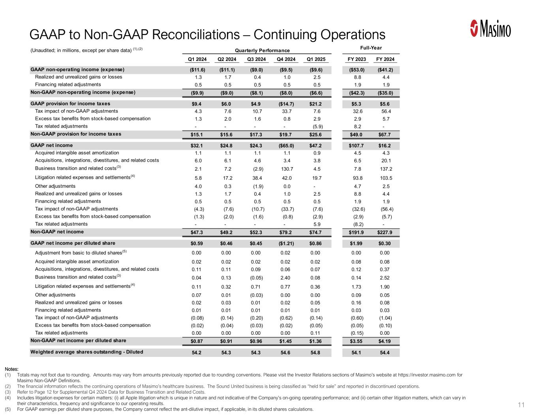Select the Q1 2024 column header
click(197, 59)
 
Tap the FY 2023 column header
click(356, 59)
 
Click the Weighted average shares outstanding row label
click(87, 352)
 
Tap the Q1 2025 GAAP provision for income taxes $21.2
click(316, 104)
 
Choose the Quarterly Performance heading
click(262, 51)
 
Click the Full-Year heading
click(371, 48)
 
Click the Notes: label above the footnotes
click(12, 369)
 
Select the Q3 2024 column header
click(257, 59)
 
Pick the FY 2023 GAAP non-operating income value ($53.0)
click(356, 70)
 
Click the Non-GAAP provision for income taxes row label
click(76, 134)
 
